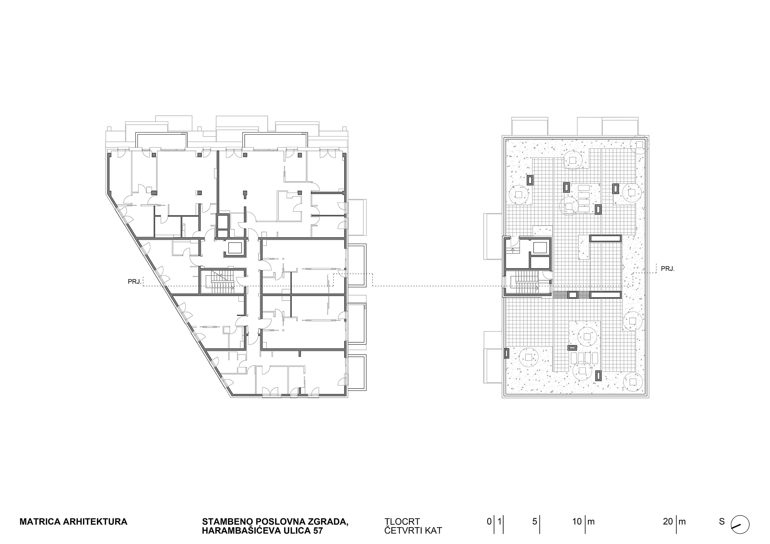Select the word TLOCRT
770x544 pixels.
pos(402,522)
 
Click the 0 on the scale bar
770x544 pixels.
pos(489,521)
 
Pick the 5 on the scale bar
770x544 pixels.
pos(534,521)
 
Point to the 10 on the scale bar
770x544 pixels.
pos(577,521)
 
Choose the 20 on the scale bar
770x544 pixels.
pos(668,521)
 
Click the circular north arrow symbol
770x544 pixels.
pos(740,524)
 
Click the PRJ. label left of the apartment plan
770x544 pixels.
pos(134,282)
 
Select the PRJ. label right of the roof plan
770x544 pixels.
pos(668,268)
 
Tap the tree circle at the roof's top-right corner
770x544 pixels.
pos(639,145)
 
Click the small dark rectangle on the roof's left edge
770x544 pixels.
pos(507,353)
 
